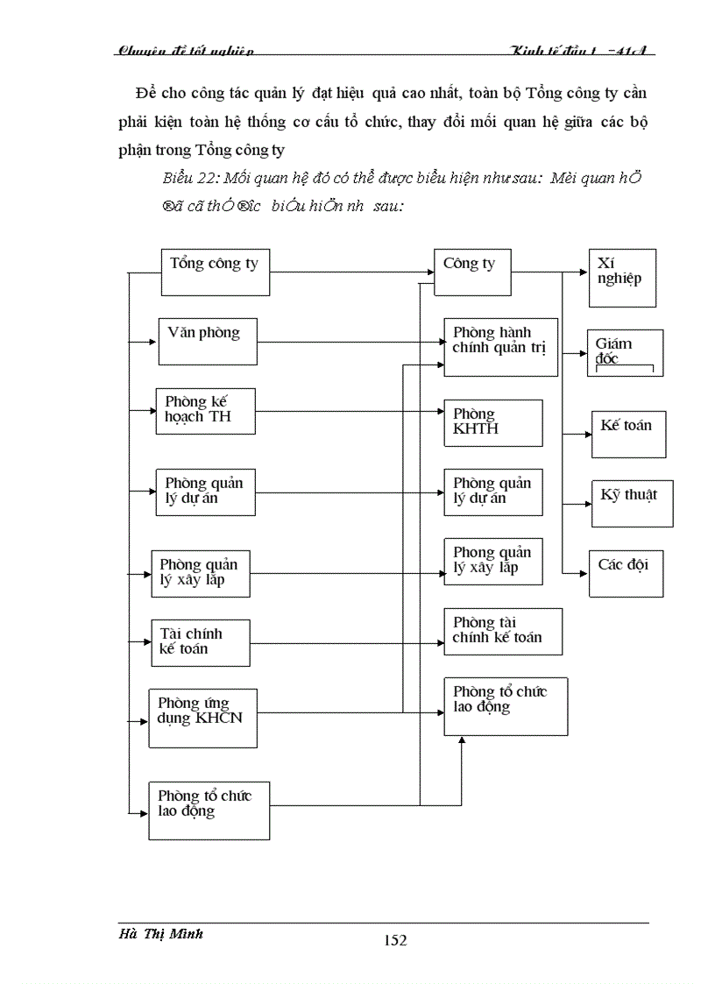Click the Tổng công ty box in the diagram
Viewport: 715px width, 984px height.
point(216,273)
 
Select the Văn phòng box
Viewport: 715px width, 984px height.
point(208,341)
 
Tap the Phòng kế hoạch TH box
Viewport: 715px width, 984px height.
point(205,411)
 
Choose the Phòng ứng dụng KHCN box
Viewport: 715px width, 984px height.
point(203,718)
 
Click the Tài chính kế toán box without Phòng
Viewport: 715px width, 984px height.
point(200,642)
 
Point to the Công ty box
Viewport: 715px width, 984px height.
point(472,273)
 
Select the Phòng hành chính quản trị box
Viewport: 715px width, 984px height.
point(500,347)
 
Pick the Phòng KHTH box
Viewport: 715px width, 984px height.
point(492,422)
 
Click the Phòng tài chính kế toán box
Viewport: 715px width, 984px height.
point(502,632)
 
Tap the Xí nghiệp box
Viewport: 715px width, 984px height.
point(622,278)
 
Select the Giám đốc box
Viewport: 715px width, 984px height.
point(625,353)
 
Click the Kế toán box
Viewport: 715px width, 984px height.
point(628,433)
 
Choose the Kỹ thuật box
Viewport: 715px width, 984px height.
point(632,503)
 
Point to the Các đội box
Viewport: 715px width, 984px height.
point(625,573)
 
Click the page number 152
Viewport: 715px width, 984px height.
point(395,941)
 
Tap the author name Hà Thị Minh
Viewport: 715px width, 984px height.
point(160,934)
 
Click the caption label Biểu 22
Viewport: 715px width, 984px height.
point(189,179)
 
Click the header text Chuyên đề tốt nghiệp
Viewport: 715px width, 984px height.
point(185,51)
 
